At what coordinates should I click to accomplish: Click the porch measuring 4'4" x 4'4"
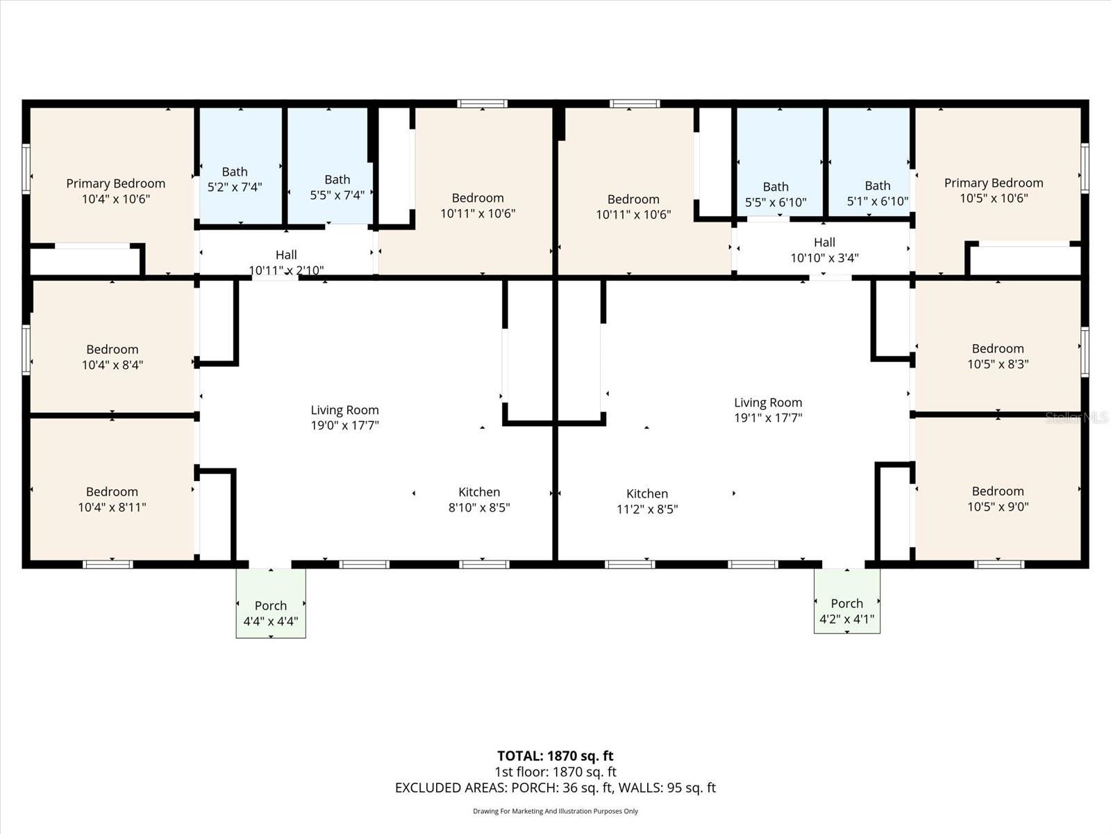[270, 613]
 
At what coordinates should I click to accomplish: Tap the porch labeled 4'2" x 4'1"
[846, 611]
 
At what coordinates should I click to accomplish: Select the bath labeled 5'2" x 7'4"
[235, 179]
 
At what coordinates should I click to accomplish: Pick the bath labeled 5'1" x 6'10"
[877, 194]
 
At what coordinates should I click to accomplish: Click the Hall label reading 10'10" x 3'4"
[824, 250]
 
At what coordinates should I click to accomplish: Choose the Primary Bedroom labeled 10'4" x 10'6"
[115, 191]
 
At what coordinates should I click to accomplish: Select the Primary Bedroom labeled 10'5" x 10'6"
[993, 190]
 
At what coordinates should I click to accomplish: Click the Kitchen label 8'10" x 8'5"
[479, 500]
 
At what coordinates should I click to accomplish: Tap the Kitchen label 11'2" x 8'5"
[647, 501]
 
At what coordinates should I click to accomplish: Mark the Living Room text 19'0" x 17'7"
[344, 418]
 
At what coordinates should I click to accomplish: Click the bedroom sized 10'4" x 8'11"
[112, 499]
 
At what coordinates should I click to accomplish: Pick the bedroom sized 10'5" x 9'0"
[998, 498]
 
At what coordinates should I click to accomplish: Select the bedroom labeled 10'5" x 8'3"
[998, 356]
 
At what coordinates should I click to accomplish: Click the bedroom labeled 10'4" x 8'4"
[112, 357]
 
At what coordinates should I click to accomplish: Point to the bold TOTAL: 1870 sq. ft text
[555, 756]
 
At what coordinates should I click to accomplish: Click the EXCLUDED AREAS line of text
[555, 787]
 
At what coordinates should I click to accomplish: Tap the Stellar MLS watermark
[1077, 417]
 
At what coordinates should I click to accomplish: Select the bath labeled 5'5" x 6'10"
[776, 194]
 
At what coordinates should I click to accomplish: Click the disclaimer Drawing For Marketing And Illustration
[555, 811]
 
